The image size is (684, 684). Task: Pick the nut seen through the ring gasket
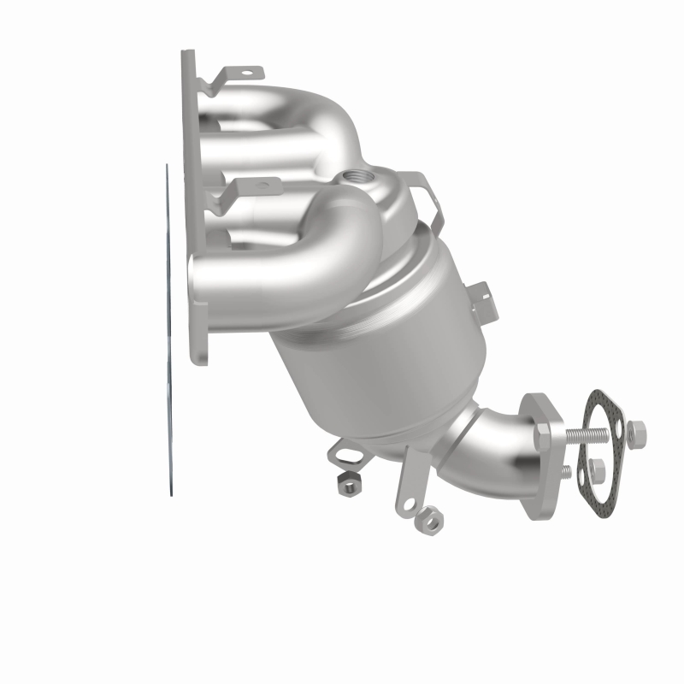598,468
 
